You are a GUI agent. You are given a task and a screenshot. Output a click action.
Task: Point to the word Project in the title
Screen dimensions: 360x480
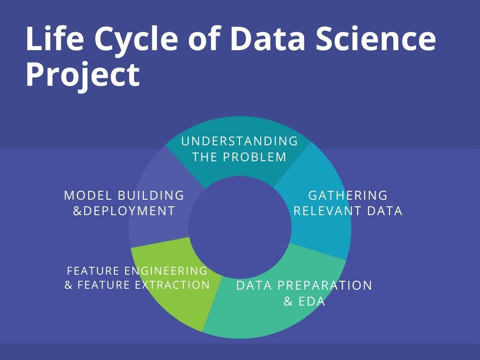tap(82, 75)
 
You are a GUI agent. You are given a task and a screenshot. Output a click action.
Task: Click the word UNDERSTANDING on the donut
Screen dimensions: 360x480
tap(240, 141)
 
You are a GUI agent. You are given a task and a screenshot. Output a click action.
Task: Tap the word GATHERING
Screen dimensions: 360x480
tap(348, 195)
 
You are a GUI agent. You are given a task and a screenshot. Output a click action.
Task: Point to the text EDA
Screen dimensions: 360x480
tap(311, 301)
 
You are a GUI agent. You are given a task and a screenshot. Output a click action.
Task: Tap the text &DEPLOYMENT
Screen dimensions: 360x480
tap(124, 211)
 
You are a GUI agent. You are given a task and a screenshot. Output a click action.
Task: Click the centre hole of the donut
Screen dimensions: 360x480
tap(240, 226)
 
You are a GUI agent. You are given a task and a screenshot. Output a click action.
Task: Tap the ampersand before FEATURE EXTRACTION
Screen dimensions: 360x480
tap(68, 285)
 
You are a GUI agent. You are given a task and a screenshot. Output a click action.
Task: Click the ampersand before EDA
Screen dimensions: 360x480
tap(288, 301)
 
